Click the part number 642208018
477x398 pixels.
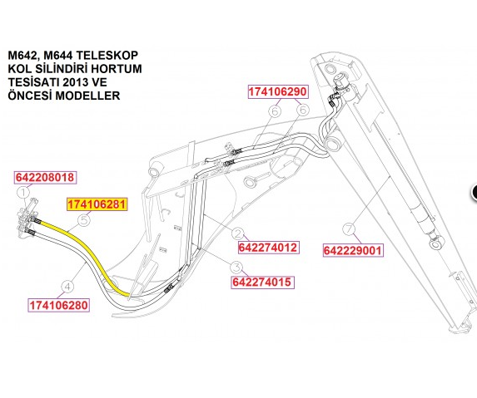pos(45,177)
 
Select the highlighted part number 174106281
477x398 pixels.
pos(97,204)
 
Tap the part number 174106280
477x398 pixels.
pos(59,305)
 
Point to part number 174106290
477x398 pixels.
pos(278,91)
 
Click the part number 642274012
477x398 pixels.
pos(268,248)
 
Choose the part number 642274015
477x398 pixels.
pos(262,282)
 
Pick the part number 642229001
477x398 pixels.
pos(353,251)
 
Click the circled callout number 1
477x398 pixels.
pos(23,193)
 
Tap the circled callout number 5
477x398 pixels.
pos(84,220)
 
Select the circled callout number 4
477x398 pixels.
pos(67,287)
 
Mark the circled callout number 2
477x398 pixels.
pos(237,233)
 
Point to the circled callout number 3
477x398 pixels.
pos(236,268)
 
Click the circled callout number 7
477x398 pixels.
pos(349,228)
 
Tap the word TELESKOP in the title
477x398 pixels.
pos(107,56)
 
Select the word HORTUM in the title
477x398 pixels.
pos(117,69)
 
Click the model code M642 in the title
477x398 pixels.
pos(24,56)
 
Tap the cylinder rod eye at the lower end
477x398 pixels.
pos(436,243)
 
